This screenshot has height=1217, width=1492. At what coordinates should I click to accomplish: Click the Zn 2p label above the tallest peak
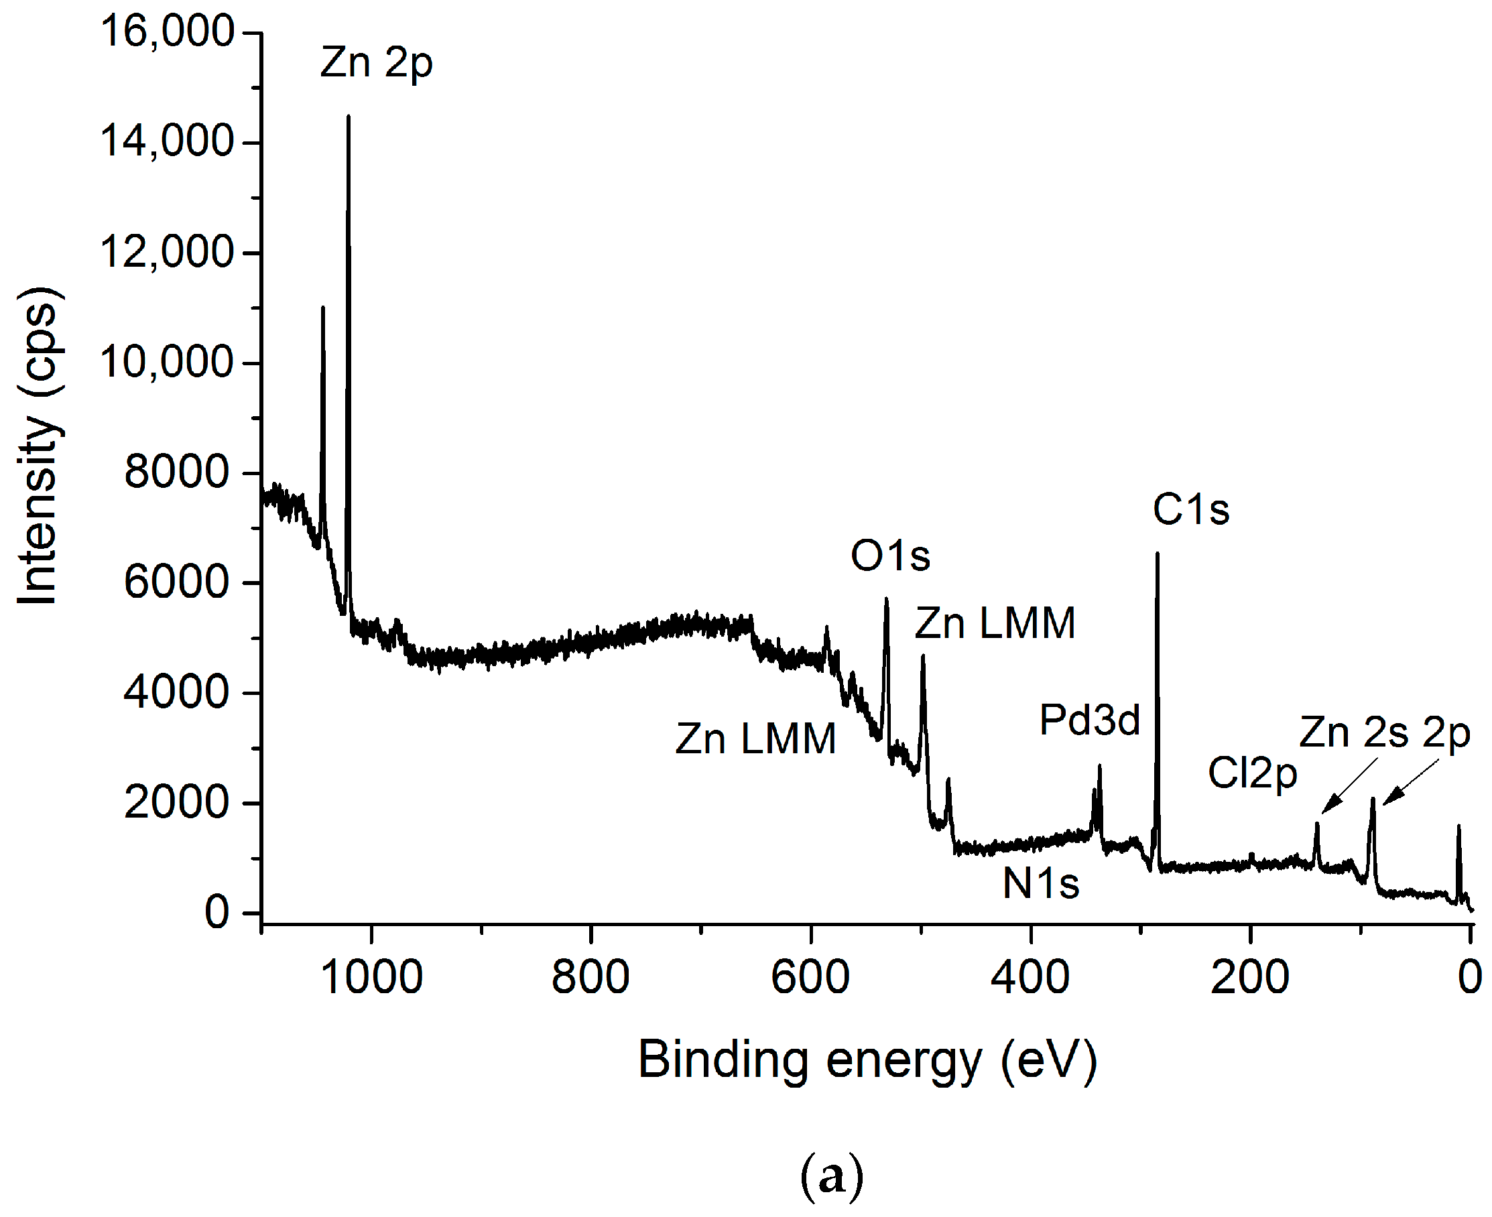pos(377,63)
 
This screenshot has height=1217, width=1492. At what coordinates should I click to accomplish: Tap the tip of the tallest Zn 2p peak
pos(349,117)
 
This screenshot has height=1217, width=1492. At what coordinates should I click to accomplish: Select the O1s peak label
pos(890,556)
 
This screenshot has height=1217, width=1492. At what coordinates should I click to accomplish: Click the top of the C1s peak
pos(1158,554)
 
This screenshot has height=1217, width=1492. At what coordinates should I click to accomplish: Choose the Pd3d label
pos(1090,720)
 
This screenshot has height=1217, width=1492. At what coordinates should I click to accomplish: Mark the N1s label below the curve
pos(1040,883)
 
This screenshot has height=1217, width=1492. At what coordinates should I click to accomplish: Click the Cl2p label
pos(1252,774)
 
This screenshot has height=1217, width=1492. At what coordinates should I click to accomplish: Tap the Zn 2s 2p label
pos(1384,733)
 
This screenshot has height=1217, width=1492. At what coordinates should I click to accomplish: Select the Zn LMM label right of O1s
pos(995,623)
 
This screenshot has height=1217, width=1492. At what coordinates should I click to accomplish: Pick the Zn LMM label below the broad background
pos(756,739)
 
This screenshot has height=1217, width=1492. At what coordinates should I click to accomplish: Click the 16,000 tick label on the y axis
pos(167,31)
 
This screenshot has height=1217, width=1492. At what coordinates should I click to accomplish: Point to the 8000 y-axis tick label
pos(177,472)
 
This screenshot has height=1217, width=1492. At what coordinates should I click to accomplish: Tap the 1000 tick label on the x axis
pos(371,977)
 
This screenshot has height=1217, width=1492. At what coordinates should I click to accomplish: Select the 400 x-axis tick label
pos(1030,977)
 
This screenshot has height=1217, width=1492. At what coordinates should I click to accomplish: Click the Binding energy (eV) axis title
pos(867,1060)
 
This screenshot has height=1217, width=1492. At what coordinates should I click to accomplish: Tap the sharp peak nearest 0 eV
pos(1459,828)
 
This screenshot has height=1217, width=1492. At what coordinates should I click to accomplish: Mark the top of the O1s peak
pos(887,600)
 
